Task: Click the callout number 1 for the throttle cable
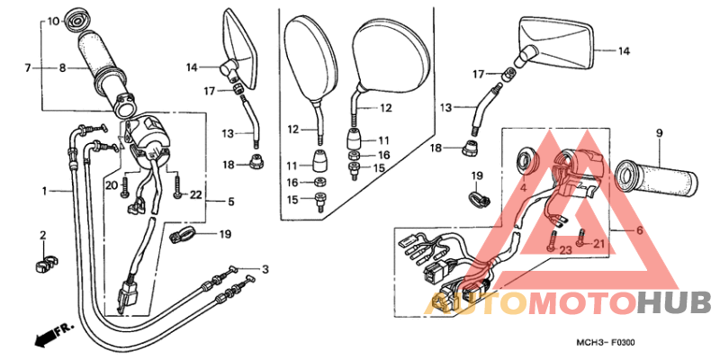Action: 44,191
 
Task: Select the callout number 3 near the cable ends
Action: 265,269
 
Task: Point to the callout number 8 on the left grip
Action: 62,68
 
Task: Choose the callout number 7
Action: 28,68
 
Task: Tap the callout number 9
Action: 660,133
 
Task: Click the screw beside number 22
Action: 177,189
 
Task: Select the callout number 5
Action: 231,201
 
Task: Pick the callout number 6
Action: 640,230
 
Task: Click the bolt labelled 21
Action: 581,238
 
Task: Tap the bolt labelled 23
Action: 553,240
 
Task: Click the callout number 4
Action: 523,187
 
